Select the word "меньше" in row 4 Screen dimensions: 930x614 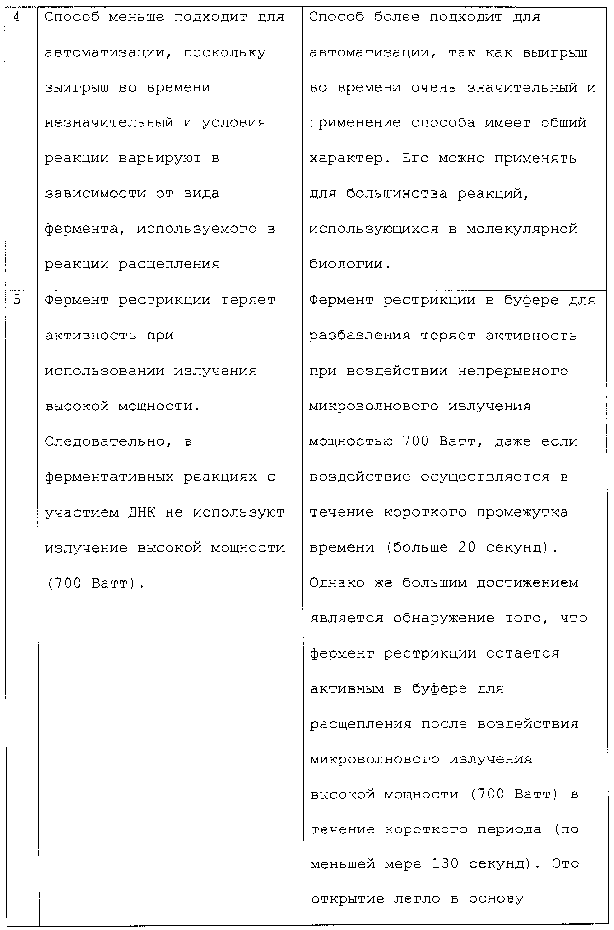coord(136,17)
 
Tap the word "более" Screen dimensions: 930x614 coord(397,17)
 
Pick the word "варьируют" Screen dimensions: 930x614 coord(160,158)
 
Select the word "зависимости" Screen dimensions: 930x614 coord(95,194)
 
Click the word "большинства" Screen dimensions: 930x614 coord(397,194)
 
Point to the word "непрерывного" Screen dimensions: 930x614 coord(513,371)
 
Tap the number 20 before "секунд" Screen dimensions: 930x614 coord(467,548)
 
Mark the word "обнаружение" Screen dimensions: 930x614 coord(444,618)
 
